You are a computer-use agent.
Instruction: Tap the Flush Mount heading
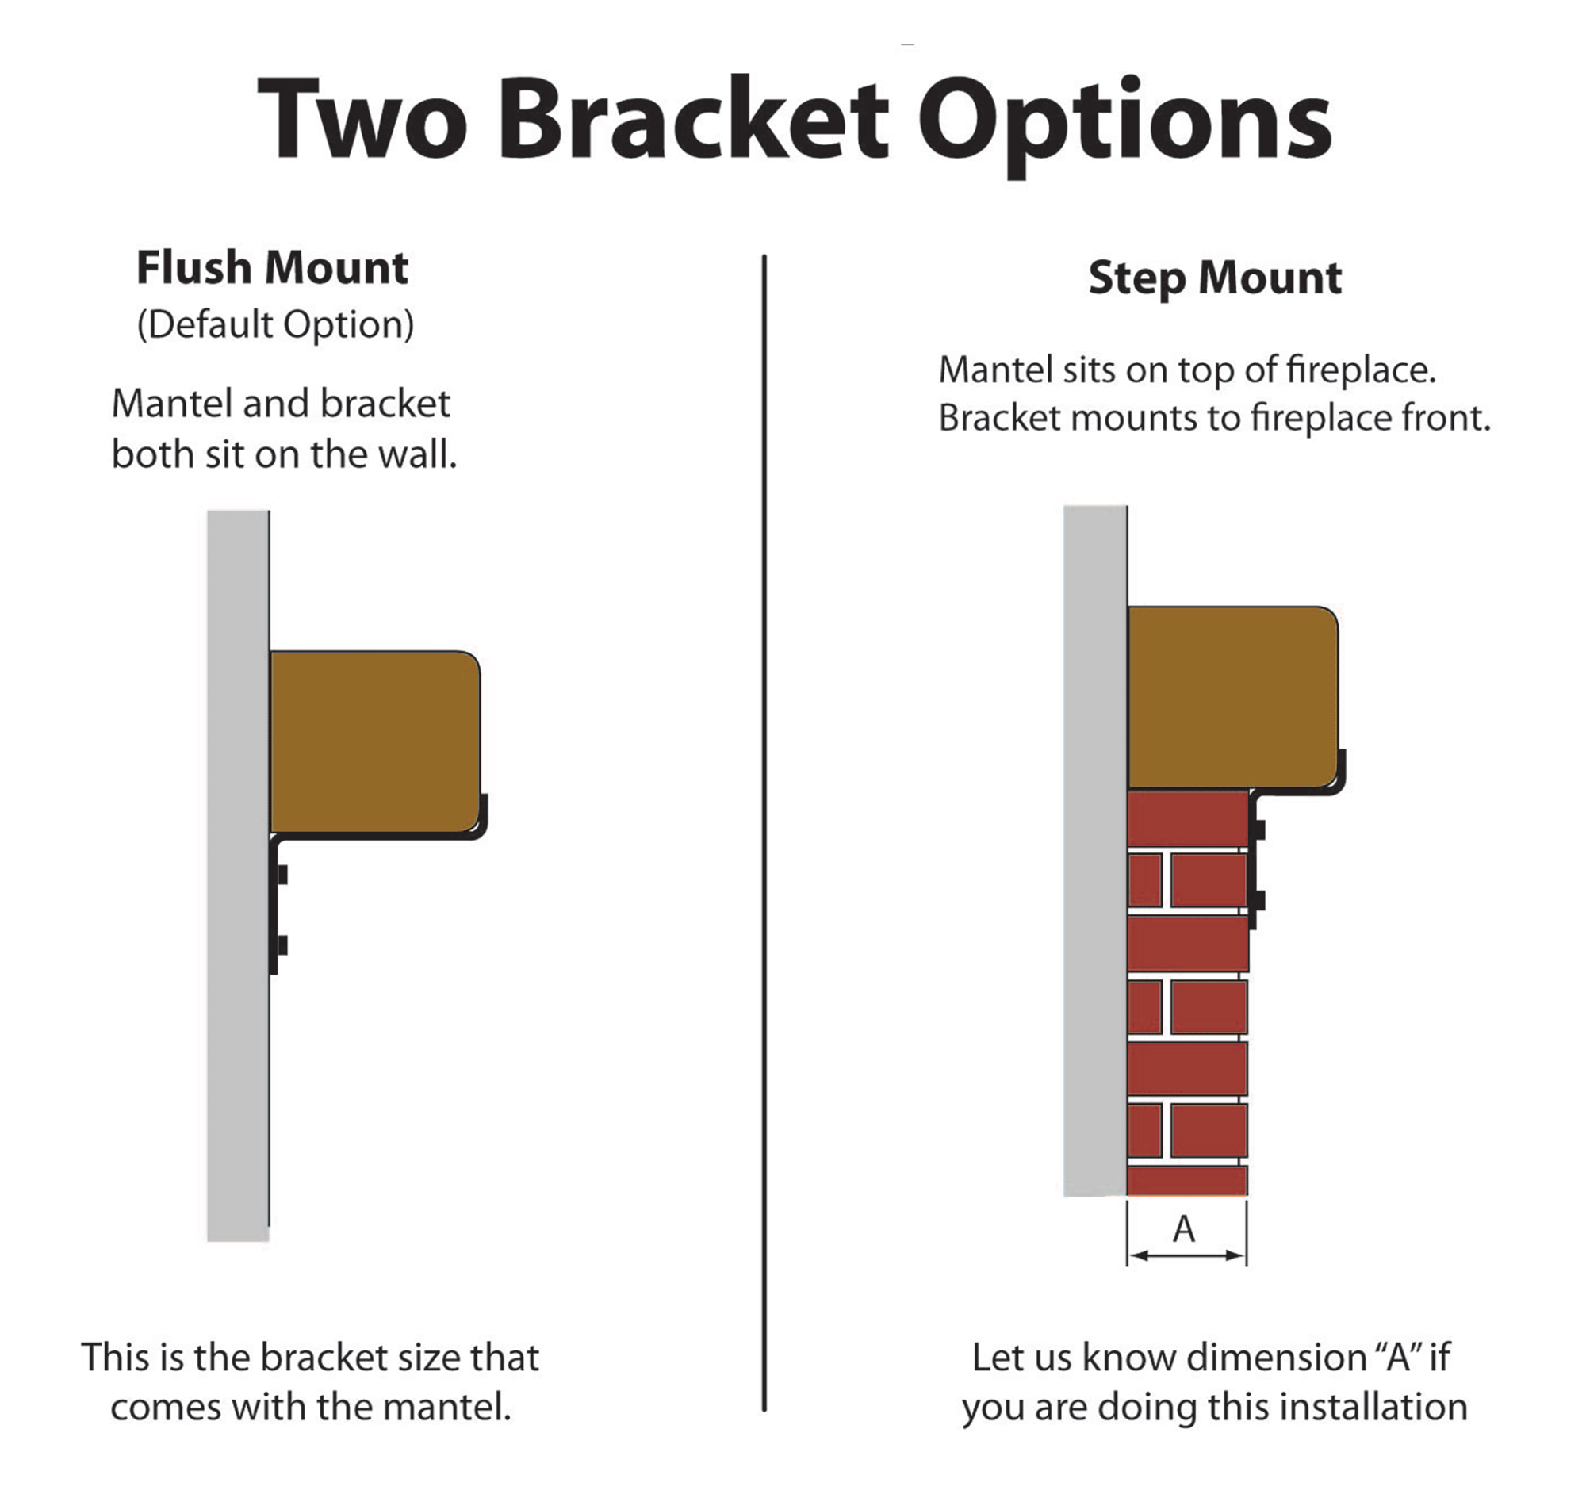[272, 267]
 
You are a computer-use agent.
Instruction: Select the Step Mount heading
[1215, 278]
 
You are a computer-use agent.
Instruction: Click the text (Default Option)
[275, 324]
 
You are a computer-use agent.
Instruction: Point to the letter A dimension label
[1184, 1229]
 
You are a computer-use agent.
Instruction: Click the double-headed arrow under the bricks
[1186, 1255]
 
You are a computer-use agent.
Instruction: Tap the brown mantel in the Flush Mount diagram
[374, 741]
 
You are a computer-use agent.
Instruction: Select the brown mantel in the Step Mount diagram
[1232, 697]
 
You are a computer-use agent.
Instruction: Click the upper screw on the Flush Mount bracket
[281, 875]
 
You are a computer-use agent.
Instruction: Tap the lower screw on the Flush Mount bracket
[281, 945]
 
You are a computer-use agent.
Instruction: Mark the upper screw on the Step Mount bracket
[1258, 829]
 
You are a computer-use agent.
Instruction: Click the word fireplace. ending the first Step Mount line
[1361, 370]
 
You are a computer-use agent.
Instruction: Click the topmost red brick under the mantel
[1187, 818]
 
